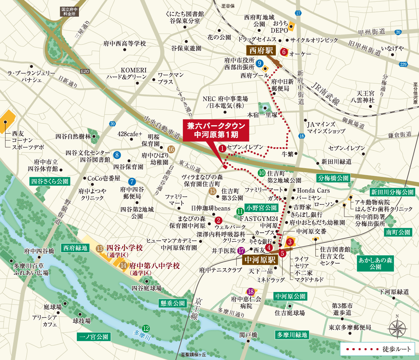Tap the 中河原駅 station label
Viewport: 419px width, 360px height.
260,260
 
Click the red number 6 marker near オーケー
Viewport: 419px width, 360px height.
284,52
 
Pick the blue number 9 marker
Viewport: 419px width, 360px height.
259,63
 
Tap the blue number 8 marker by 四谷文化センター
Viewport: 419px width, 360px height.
117,155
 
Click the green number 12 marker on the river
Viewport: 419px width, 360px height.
146,328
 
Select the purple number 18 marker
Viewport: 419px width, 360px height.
250,292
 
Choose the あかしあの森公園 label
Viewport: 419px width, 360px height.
375,263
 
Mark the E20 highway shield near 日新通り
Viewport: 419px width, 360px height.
85,72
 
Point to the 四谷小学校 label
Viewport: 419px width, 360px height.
124,248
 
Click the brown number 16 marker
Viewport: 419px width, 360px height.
171,149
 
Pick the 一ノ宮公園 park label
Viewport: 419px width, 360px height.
94,337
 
